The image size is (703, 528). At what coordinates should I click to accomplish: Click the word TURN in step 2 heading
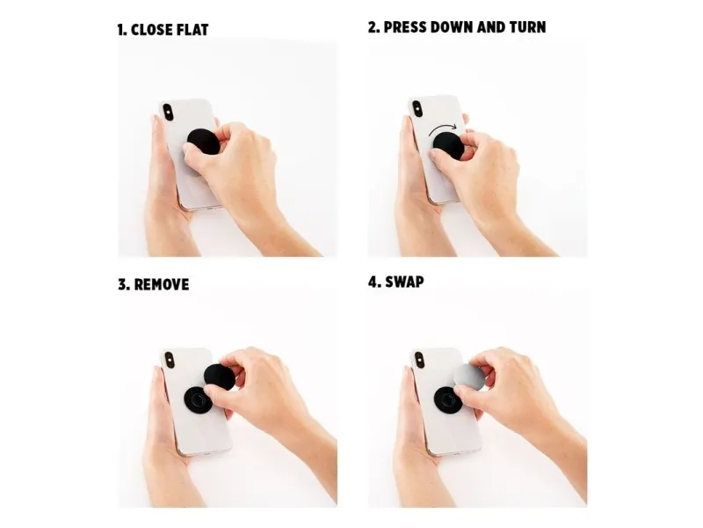[x=528, y=27]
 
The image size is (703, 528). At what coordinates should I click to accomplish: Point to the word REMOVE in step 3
[x=162, y=284]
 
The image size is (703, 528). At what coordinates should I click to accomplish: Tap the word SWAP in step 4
[x=404, y=282]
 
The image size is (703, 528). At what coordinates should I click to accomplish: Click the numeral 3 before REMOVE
[x=123, y=284]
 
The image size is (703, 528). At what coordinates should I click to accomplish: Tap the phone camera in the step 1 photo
[x=168, y=112]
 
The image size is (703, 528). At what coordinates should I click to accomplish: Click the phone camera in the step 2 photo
[x=417, y=108]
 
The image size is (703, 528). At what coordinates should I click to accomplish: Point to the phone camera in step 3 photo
[x=170, y=360]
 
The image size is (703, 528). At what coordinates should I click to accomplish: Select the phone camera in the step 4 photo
[x=419, y=360]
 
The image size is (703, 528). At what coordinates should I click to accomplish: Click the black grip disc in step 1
[x=203, y=142]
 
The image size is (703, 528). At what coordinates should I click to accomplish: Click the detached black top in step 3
[x=219, y=378]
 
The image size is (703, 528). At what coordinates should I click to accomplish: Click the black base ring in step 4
[x=447, y=399]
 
